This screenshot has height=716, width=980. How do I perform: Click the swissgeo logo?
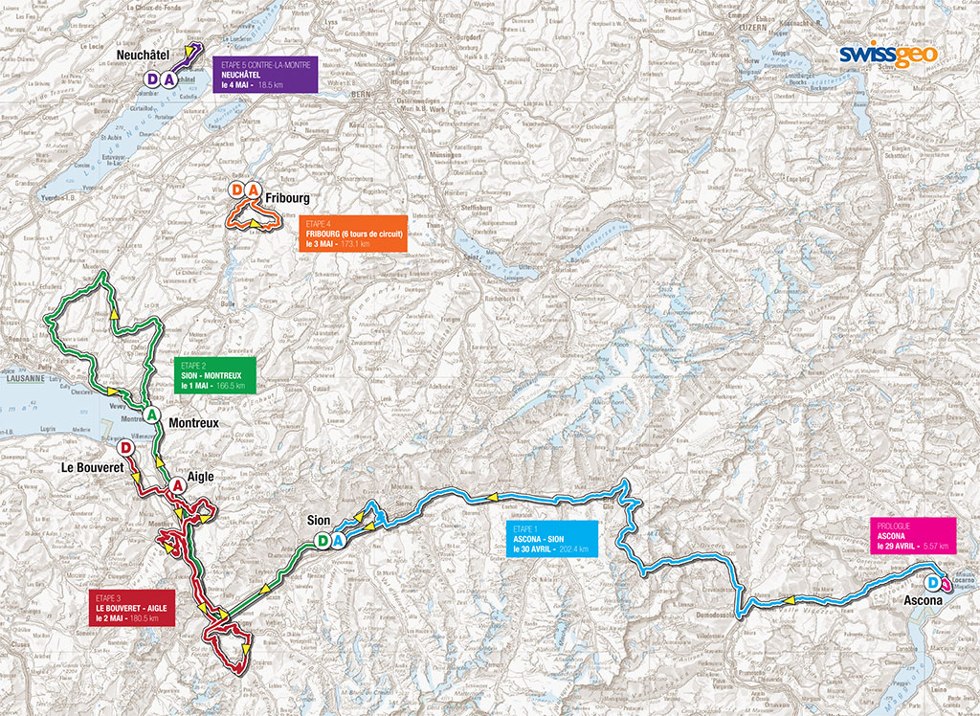coord(887,55)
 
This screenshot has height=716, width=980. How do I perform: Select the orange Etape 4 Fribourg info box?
coord(351,233)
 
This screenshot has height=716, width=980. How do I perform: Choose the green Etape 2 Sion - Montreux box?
coord(215,374)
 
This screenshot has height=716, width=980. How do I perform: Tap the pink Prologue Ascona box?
coord(912,535)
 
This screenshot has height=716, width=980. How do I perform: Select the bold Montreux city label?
coord(194,422)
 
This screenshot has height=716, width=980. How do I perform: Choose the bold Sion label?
coord(317,520)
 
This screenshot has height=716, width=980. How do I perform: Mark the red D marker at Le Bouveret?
coord(124,448)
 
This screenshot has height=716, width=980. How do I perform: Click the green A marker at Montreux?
coord(151,414)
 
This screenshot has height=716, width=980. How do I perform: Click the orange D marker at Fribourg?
coord(237,190)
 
